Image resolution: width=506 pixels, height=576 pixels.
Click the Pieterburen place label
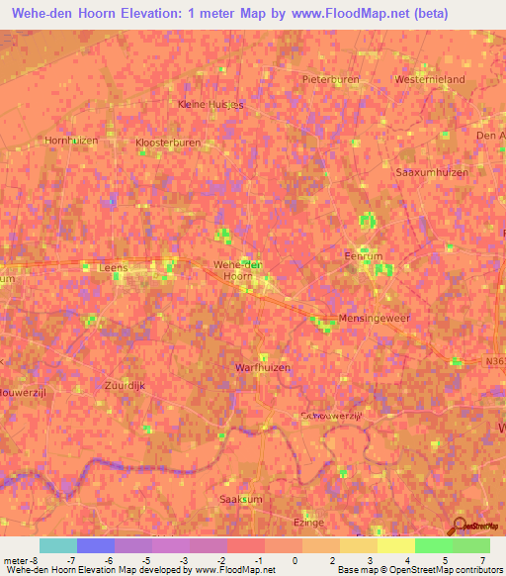[331, 78]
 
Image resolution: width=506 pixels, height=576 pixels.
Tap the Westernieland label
[429, 78]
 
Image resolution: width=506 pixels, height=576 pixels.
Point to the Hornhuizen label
[71, 141]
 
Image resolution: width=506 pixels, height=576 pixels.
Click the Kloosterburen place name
[167, 143]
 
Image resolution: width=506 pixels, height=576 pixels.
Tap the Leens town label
[114, 267]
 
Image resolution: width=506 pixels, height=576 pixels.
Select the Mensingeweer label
[374, 319]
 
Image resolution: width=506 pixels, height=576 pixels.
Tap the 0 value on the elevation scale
[295, 560]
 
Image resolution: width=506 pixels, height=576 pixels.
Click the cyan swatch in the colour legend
[57, 545]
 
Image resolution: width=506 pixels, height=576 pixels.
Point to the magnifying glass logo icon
[458, 525]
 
